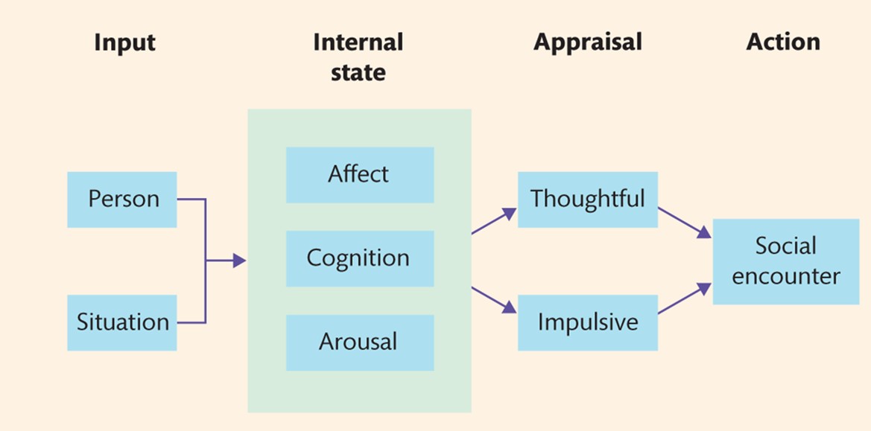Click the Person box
122,199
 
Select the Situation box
122,322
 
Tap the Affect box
359,175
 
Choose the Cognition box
359,258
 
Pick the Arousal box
359,342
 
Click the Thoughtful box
587,199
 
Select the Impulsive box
587,322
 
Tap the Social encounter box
785,261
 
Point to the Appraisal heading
587,42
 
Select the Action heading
783,42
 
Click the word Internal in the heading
358,42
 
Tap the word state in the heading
358,72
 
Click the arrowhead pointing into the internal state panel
238,261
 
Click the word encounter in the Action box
785,277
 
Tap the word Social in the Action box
785,246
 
